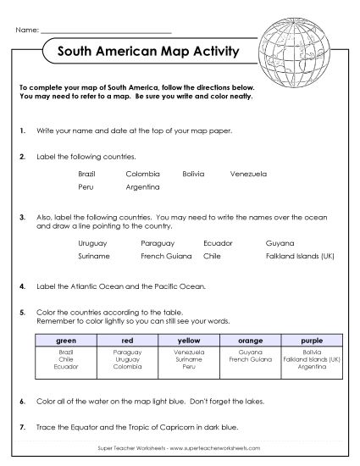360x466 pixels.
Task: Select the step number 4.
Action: click(20, 286)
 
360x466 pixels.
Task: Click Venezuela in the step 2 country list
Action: click(247, 174)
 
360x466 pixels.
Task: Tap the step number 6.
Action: click(20, 400)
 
